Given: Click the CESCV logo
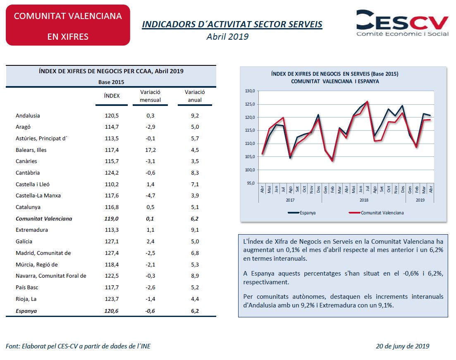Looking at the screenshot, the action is (402, 23).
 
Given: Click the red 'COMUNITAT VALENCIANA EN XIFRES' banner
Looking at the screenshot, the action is (68, 25).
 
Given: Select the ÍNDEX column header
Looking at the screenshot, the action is (112, 96).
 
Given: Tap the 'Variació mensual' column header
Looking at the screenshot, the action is (150, 96).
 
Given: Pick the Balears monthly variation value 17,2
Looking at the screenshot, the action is (150, 150).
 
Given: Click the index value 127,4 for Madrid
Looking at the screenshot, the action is (112, 253).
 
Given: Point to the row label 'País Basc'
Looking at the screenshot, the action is (27, 287).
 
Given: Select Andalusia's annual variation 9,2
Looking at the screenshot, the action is (195, 115).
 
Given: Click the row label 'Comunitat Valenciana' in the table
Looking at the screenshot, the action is (44, 218).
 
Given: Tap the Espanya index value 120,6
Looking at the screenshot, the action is (111, 311).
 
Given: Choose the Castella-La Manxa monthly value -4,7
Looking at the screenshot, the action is (150, 196).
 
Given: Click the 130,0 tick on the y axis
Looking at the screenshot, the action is (250, 91).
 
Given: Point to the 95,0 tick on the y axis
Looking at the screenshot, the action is (251, 183).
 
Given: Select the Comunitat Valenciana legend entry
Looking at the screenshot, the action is (376, 213).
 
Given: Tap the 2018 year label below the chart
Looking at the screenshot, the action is (364, 200).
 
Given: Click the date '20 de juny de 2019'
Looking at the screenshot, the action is (403, 346).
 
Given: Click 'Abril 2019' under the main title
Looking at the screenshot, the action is (227, 37).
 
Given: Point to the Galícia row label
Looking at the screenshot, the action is (24, 241).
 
